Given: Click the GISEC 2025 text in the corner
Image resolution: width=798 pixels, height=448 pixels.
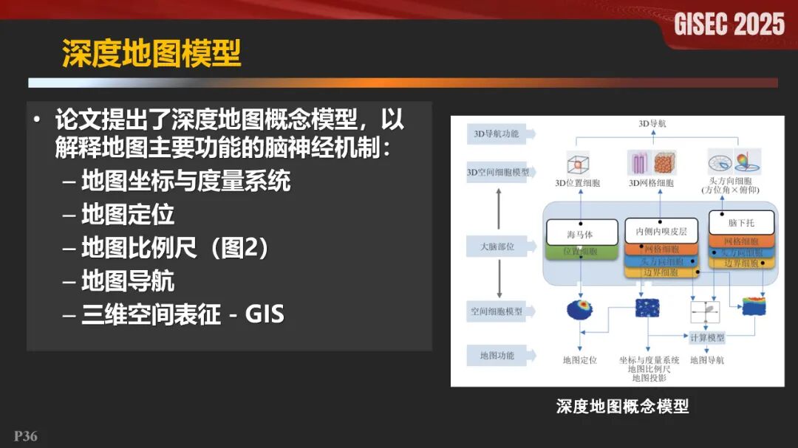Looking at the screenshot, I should click(x=729, y=24).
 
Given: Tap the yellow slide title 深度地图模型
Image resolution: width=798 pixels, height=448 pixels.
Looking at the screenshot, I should click(x=151, y=54).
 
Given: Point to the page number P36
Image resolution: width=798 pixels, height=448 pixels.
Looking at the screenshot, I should click(x=26, y=436).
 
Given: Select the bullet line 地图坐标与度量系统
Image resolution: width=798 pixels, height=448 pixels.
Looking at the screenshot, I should click(x=185, y=181).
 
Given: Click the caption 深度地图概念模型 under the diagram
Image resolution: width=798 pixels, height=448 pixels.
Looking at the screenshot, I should click(x=622, y=406).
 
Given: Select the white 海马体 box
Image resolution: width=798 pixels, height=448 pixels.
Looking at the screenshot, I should click(x=580, y=234).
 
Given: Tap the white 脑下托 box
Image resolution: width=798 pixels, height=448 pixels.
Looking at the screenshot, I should click(x=741, y=222).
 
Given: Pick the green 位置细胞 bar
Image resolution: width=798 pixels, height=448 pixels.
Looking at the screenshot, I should click(x=580, y=252).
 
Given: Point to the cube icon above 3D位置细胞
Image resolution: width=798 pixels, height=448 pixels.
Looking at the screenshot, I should click(x=579, y=162).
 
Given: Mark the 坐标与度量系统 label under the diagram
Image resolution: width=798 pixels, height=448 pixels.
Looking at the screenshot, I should click(x=649, y=360).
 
